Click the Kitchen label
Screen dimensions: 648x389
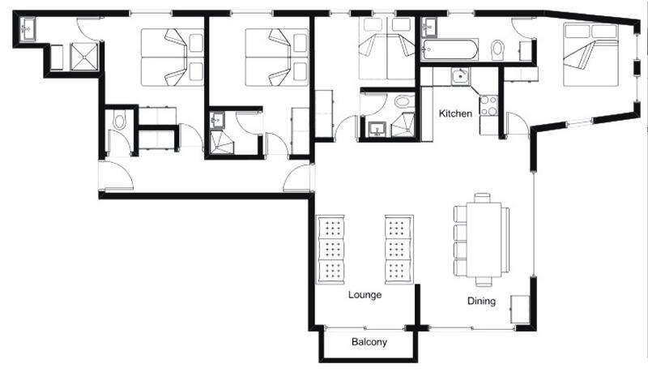(455, 113)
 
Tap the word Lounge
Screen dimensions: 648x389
(364, 295)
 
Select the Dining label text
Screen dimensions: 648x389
(481, 301)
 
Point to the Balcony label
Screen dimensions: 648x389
(369, 342)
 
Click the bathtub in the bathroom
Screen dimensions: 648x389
(450, 49)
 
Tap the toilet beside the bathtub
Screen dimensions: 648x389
(497, 49)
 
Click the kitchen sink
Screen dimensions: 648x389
(460, 76)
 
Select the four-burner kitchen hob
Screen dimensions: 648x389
(488, 105)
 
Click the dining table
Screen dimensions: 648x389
(484, 239)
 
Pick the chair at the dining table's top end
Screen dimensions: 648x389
(482, 198)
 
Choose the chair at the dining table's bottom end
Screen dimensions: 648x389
(484, 281)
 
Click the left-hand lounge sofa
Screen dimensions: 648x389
(330, 250)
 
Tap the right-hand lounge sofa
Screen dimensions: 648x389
(399, 250)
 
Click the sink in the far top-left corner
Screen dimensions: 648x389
(28, 28)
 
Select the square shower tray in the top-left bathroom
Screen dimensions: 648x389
(84, 57)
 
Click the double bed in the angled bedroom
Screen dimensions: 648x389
(591, 54)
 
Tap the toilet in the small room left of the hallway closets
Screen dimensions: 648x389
(119, 121)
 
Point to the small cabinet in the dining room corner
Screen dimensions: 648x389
(520, 310)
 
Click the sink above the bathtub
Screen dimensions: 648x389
(429, 28)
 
